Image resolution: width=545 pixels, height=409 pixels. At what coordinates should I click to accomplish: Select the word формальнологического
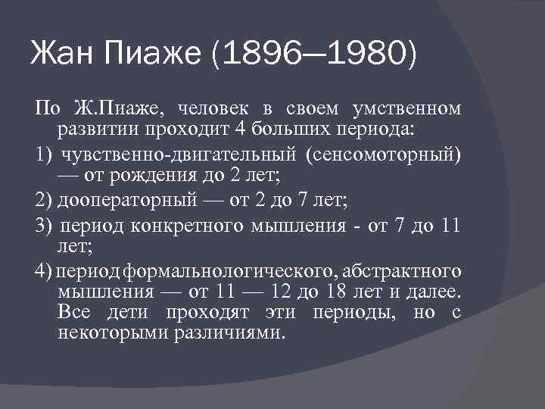pyautogui.click(x=232, y=271)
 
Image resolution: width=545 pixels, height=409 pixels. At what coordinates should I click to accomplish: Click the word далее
pyautogui.click(x=434, y=292)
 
